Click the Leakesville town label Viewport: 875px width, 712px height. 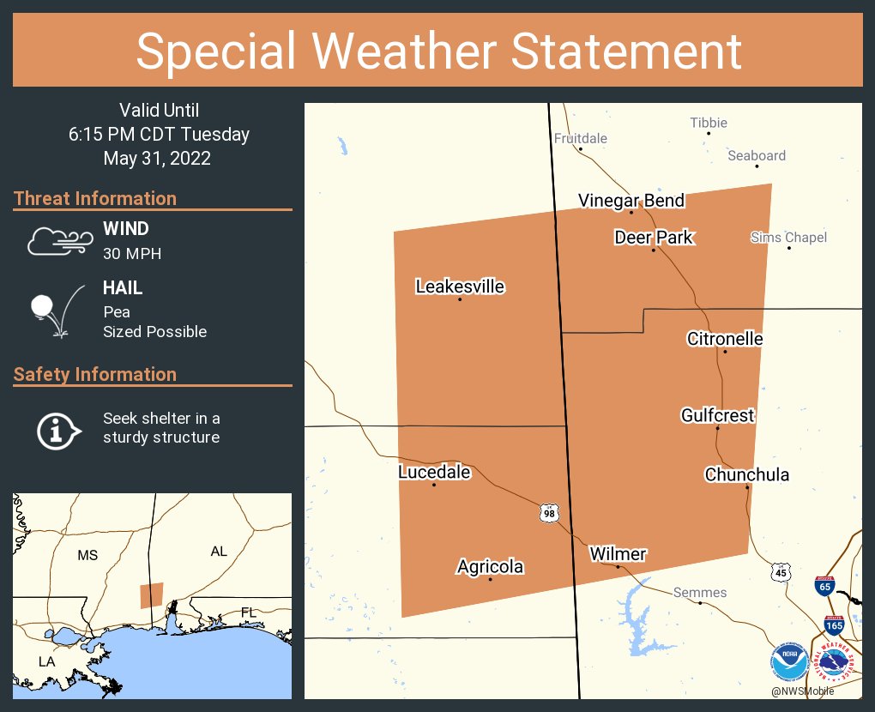coord(460,287)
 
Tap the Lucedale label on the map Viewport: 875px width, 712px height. coord(434,472)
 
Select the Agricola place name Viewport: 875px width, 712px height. coord(490,567)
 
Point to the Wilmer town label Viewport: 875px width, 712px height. coord(618,554)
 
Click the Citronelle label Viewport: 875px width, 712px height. coord(725,339)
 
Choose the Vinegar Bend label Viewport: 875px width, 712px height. coord(631,201)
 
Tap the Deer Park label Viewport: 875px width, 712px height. coord(653,238)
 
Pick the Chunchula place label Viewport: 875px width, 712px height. coord(747,475)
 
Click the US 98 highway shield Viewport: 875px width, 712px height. coord(548,513)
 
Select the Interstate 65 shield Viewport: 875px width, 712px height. coord(824,586)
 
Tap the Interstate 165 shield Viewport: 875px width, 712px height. coord(833,625)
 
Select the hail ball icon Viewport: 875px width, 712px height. coord(43,305)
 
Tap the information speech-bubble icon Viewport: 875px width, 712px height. coord(57,429)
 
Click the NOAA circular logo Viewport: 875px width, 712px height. coord(788,662)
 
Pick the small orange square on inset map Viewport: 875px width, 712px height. coord(152,595)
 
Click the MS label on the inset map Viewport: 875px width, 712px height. coord(87,555)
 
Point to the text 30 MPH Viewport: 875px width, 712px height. coord(132,253)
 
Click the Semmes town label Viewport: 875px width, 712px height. coord(700,593)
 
